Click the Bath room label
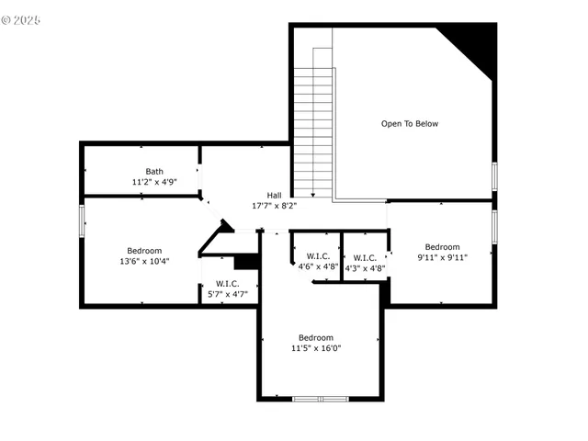(x=154, y=171)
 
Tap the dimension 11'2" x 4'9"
(x=154, y=182)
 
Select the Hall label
(x=274, y=195)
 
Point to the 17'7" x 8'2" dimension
(x=274, y=206)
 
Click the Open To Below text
(x=410, y=123)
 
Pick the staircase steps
(x=312, y=129)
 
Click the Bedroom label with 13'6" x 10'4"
(x=144, y=250)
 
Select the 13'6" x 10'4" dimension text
(x=144, y=261)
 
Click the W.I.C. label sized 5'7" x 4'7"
(x=228, y=283)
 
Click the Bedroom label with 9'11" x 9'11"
(x=442, y=246)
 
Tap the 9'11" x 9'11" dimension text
(x=442, y=257)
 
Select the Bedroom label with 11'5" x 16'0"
(x=316, y=337)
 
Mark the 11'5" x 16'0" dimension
(x=316, y=348)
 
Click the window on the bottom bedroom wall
(x=320, y=398)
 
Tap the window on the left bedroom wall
(x=82, y=220)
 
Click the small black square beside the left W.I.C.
(x=247, y=261)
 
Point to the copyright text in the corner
(x=21, y=19)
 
